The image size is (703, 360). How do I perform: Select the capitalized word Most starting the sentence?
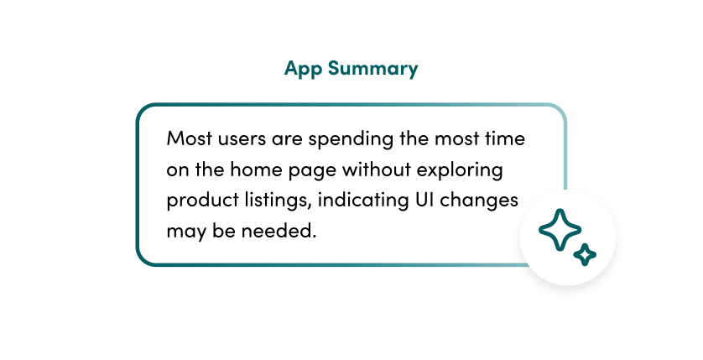point(189,138)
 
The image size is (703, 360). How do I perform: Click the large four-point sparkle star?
point(560,229)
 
